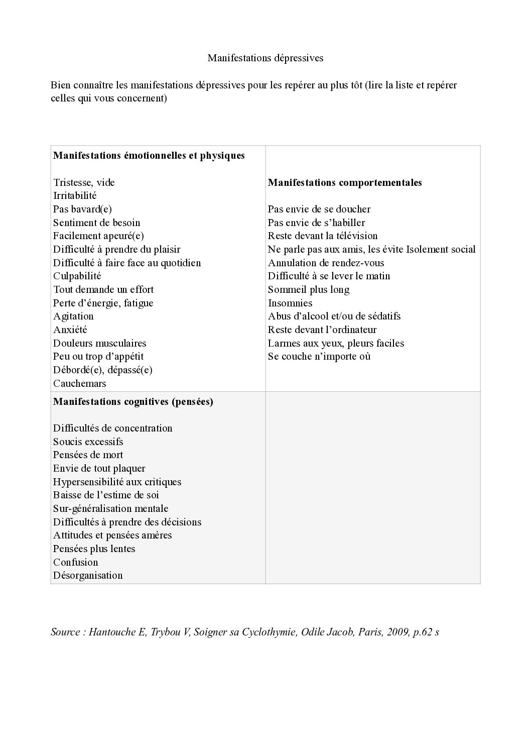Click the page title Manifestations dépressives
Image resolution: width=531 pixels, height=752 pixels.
tap(265, 58)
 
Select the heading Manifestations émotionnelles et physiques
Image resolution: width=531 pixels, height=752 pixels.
tap(149, 156)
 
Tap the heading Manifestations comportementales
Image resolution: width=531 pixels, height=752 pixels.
tap(344, 183)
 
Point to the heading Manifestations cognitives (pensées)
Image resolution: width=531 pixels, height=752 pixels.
tap(133, 402)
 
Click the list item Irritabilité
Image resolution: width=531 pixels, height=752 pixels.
tap(75, 196)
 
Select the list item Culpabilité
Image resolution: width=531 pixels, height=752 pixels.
tap(77, 276)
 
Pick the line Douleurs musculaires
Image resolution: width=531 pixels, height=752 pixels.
tap(99, 344)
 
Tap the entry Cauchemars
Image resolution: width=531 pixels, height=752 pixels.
tap(79, 384)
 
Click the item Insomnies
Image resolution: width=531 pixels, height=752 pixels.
tap(290, 303)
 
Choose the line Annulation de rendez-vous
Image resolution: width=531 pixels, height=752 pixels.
tap(326, 263)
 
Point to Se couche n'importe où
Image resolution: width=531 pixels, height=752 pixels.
tap(319, 357)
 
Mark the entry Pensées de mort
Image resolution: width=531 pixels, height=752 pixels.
tap(88, 455)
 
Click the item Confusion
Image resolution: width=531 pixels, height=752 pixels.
tap(75, 563)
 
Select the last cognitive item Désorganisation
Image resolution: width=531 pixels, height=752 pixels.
tap(88, 576)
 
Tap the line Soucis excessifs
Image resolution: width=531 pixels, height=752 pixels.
tap(88, 442)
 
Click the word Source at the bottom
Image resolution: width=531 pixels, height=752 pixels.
tap(65, 632)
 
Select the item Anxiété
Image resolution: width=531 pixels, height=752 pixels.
tap(70, 330)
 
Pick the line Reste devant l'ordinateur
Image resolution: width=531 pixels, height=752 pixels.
tap(322, 330)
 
